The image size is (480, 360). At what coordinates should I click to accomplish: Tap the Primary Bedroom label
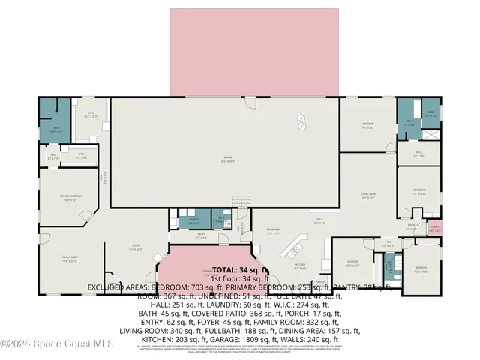click(71, 199)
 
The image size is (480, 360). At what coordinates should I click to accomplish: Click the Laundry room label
click(193, 221)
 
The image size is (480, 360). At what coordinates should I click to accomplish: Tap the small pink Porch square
click(433, 228)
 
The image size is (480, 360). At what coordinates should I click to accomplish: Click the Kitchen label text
click(300, 263)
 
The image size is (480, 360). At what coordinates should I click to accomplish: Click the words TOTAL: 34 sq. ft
click(240, 269)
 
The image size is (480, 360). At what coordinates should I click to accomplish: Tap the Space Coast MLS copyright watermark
click(57, 344)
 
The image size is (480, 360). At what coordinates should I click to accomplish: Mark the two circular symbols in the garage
click(301, 121)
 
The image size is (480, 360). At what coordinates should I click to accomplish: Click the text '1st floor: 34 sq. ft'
click(240, 277)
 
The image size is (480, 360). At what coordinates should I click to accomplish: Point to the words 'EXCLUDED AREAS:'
click(118, 286)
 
